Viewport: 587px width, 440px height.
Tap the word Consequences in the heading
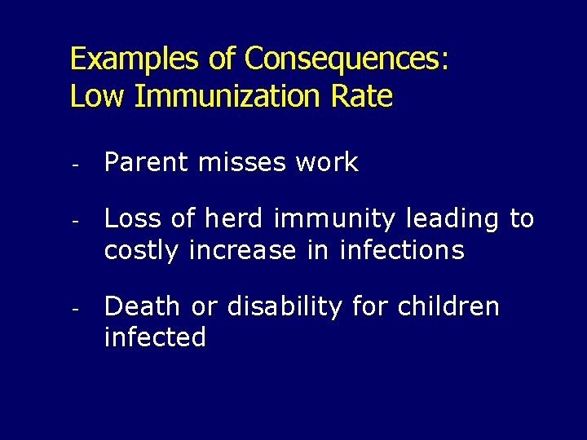tap(346, 59)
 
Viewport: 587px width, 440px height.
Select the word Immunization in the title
tap(227, 97)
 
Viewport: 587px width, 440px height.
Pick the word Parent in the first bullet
tap(145, 162)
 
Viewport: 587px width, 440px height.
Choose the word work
tap(327, 162)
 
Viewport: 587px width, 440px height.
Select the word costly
tap(143, 251)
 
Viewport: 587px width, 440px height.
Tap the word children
tap(448, 306)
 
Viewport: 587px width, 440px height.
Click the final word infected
tap(155, 337)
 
